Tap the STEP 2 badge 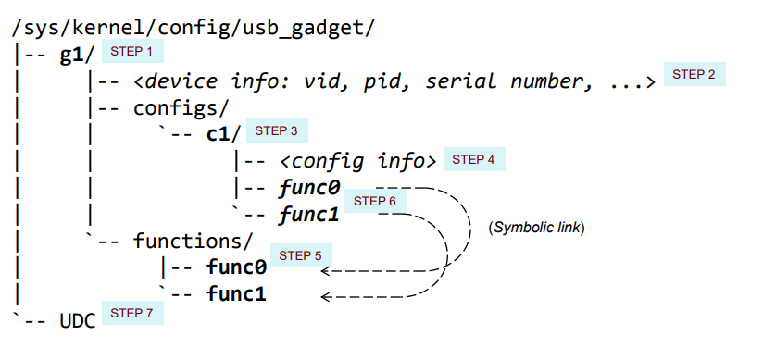(x=694, y=75)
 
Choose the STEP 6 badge (x=375, y=201)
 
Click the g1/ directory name (x=72, y=54)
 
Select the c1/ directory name (x=223, y=134)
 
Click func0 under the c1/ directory (x=309, y=188)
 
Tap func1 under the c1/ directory (x=309, y=215)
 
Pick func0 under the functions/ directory (x=236, y=268)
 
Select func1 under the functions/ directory (x=236, y=295)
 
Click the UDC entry (x=78, y=321)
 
